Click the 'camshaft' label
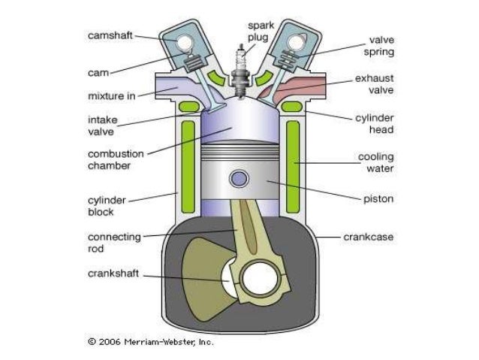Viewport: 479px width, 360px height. (x=112, y=35)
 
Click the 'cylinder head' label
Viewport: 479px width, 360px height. (x=378, y=123)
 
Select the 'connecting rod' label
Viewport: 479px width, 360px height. (x=113, y=242)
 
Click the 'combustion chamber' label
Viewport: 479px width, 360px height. (x=116, y=159)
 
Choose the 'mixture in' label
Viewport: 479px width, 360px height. (x=111, y=95)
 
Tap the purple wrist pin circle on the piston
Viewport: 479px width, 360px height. (x=240, y=179)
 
